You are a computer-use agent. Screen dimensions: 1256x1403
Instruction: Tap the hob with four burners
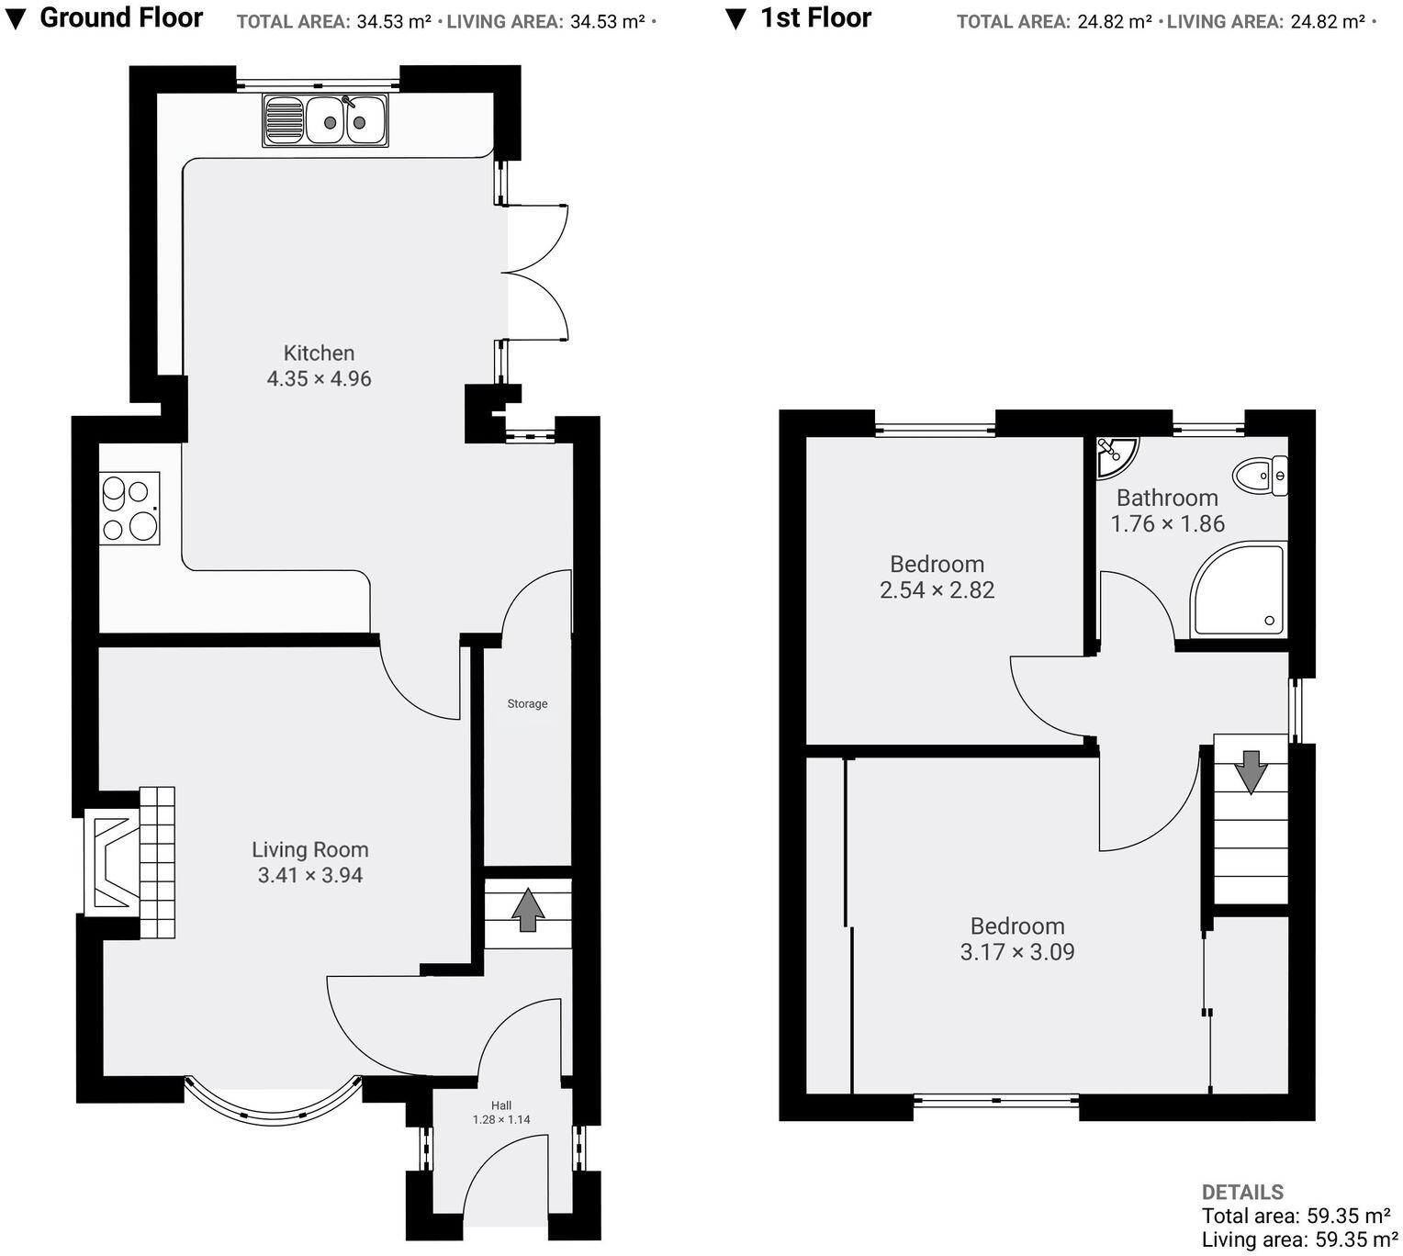click(x=129, y=508)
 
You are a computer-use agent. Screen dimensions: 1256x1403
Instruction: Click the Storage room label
click(x=527, y=704)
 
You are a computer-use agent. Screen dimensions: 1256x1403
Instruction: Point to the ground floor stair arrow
click(x=528, y=910)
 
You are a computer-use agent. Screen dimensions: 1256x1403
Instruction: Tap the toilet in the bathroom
click(x=1260, y=477)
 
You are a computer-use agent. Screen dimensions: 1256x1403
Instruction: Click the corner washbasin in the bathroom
click(x=1115, y=454)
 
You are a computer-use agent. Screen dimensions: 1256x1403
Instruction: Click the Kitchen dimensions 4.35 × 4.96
click(x=319, y=379)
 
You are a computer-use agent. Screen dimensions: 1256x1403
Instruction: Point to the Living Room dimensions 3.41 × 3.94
click(x=310, y=876)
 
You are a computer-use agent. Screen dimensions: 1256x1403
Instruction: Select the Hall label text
click(x=501, y=1105)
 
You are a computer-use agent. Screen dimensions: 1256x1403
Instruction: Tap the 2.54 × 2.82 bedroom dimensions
click(x=937, y=590)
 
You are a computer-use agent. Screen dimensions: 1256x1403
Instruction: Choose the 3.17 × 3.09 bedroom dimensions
click(x=1016, y=952)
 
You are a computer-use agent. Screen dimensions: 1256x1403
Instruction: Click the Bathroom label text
click(x=1167, y=499)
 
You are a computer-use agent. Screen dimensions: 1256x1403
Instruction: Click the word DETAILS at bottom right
click(x=1241, y=1193)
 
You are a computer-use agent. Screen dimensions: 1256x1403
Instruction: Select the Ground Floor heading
click(x=120, y=17)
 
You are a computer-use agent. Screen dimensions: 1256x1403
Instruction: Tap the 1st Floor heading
click(x=815, y=17)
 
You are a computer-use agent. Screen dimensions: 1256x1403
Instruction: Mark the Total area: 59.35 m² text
click(x=1296, y=1217)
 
